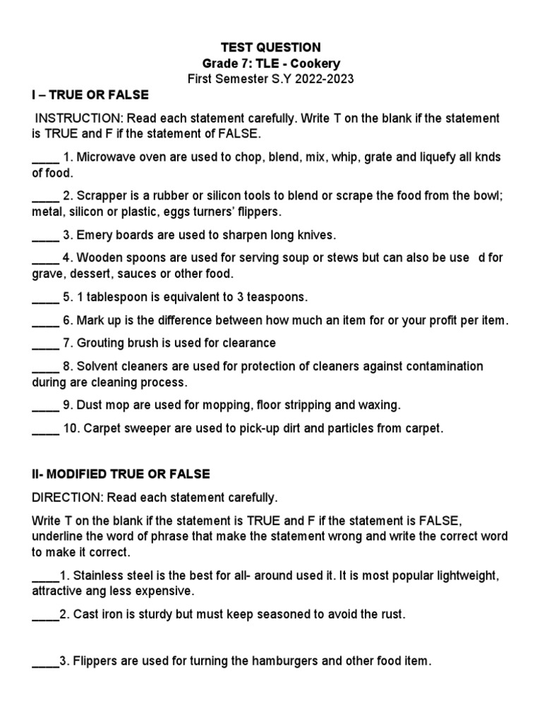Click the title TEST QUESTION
tap(271, 47)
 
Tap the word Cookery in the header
tap(315, 63)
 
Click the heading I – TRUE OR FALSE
tap(90, 95)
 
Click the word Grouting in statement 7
tap(100, 343)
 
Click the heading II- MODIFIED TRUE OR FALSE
tap(121, 474)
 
